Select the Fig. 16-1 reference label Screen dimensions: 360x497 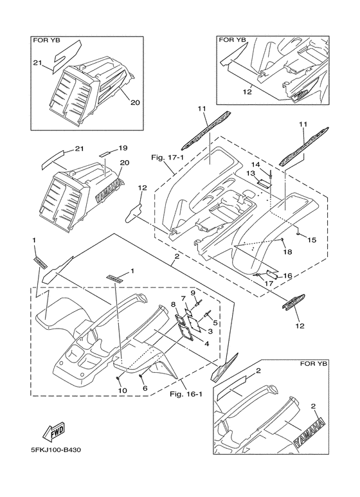pos(186,394)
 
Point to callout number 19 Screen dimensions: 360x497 pos(123,148)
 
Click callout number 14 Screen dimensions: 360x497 pos(256,164)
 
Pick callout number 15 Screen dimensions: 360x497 pos(312,240)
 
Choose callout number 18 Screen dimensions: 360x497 pos(287,252)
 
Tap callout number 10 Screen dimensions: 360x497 pos(122,390)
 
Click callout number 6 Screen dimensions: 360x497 pos(145,388)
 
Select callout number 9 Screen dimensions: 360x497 pos(193,293)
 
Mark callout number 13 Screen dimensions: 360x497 pos(251,173)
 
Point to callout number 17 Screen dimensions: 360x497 pos(269,283)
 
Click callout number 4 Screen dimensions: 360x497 pos(206,343)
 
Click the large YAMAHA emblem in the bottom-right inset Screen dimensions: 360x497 pos(310,433)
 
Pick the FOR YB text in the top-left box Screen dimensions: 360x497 pos(46,41)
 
